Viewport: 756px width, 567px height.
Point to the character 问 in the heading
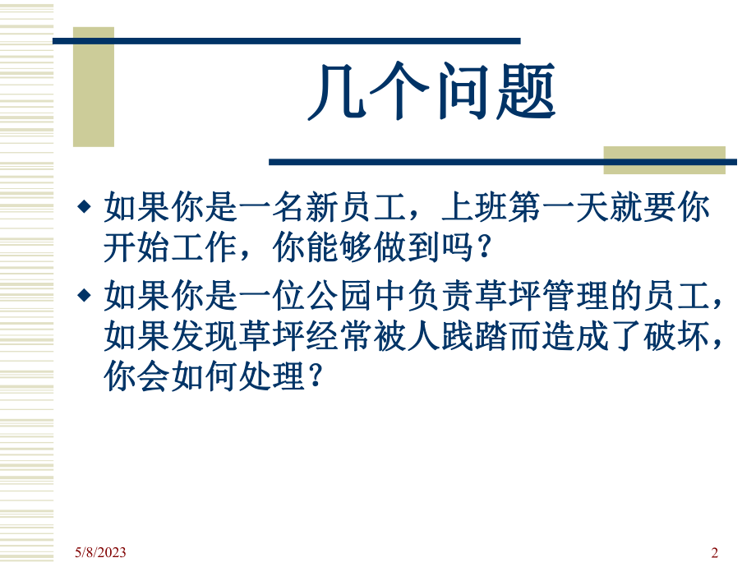pos(461,92)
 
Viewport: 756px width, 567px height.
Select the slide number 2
pos(714,552)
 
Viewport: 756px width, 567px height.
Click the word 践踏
pos(486,337)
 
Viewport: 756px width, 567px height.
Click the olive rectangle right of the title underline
pos(664,159)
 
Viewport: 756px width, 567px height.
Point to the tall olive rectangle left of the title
pos(94,86)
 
